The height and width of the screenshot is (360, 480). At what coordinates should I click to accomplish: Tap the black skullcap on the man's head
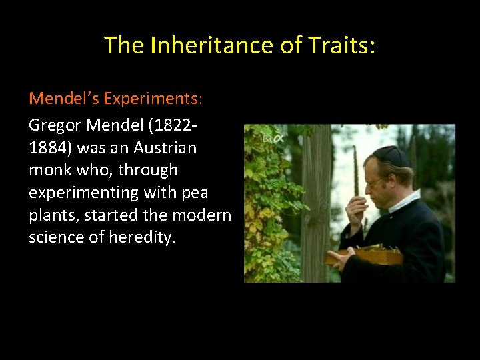(x=391, y=156)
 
